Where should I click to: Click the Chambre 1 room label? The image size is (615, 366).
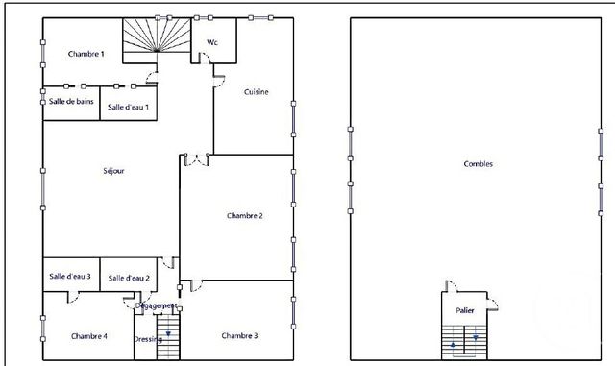[x=86, y=54]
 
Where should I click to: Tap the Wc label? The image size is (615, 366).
[x=212, y=42]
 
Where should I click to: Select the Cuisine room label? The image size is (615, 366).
[x=256, y=92]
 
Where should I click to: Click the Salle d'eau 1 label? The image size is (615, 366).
[x=128, y=107]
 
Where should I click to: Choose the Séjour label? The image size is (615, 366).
[x=113, y=171]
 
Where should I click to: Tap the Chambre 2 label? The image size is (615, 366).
[x=245, y=216]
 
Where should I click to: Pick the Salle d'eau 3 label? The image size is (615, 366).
[x=70, y=277]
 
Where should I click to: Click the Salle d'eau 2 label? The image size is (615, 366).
[x=129, y=278]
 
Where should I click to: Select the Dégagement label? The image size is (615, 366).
[x=156, y=305]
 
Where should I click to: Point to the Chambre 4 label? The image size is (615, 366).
[x=88, y=336]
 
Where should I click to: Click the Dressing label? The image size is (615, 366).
[x=148, y=339]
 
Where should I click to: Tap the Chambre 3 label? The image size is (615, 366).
[x=239, y=335]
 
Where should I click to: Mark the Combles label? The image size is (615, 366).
[x=478, y=164]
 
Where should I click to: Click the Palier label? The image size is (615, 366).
[x=466, y=311]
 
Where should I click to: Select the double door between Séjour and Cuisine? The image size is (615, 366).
[x=197, y=159]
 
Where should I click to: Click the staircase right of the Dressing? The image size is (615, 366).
[x=169, y=338]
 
